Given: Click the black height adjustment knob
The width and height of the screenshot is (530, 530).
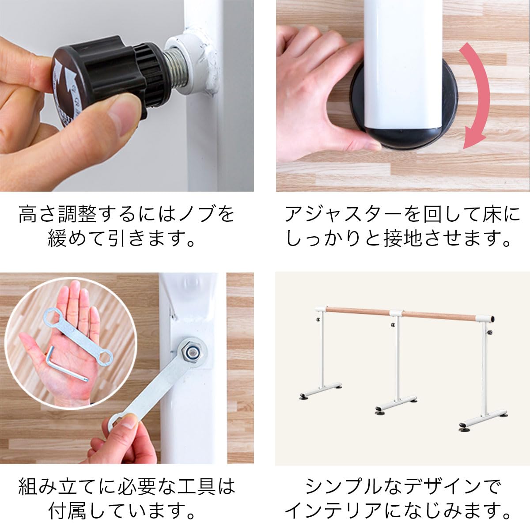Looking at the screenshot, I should point(102,79).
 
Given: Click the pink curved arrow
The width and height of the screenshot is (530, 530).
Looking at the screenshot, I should point(474,97).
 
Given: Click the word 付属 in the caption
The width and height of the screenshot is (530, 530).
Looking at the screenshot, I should point(66,511).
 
